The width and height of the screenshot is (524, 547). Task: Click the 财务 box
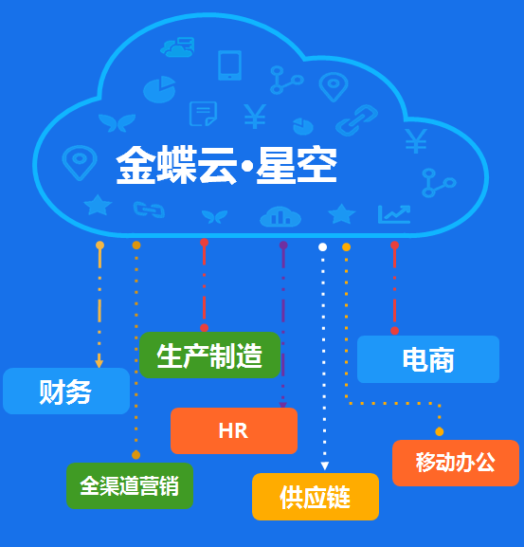[x=66, y=392]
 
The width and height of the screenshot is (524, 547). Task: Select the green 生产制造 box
[x=209, y=356]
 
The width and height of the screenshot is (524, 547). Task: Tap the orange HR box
[x=234, y=430]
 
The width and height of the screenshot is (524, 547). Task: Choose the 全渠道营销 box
[x=130, y=486]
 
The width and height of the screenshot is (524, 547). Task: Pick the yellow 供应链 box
[x=316, y=497]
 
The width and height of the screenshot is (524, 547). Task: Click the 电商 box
[x=428, y=359]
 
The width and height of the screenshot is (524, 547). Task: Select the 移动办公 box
[x=456, y=463]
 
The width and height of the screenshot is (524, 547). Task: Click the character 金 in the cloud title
[x=136, y=165]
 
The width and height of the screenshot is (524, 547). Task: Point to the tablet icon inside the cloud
[x=229, y=65]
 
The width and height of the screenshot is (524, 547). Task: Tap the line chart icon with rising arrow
[x=394, y=214]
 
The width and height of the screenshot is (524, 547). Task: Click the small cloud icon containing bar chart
[x=280, y=217]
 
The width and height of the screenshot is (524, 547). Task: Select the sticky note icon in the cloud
[x=203, y=114]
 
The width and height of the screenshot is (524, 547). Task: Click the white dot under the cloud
[x=322, y=247]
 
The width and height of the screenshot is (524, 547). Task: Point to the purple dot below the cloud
[x=283, y=246]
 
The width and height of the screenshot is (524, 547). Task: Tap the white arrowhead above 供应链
[x=325, y=465]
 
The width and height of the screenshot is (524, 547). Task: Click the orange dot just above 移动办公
[x=440, y=432]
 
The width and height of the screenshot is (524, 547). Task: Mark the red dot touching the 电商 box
[x=394, y=331]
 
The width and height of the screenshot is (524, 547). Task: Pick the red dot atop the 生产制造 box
[x=205, y=328]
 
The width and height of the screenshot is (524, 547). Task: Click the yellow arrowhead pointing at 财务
[x=99, y=362]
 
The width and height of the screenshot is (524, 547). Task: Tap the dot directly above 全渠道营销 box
[x=136, y=455]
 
